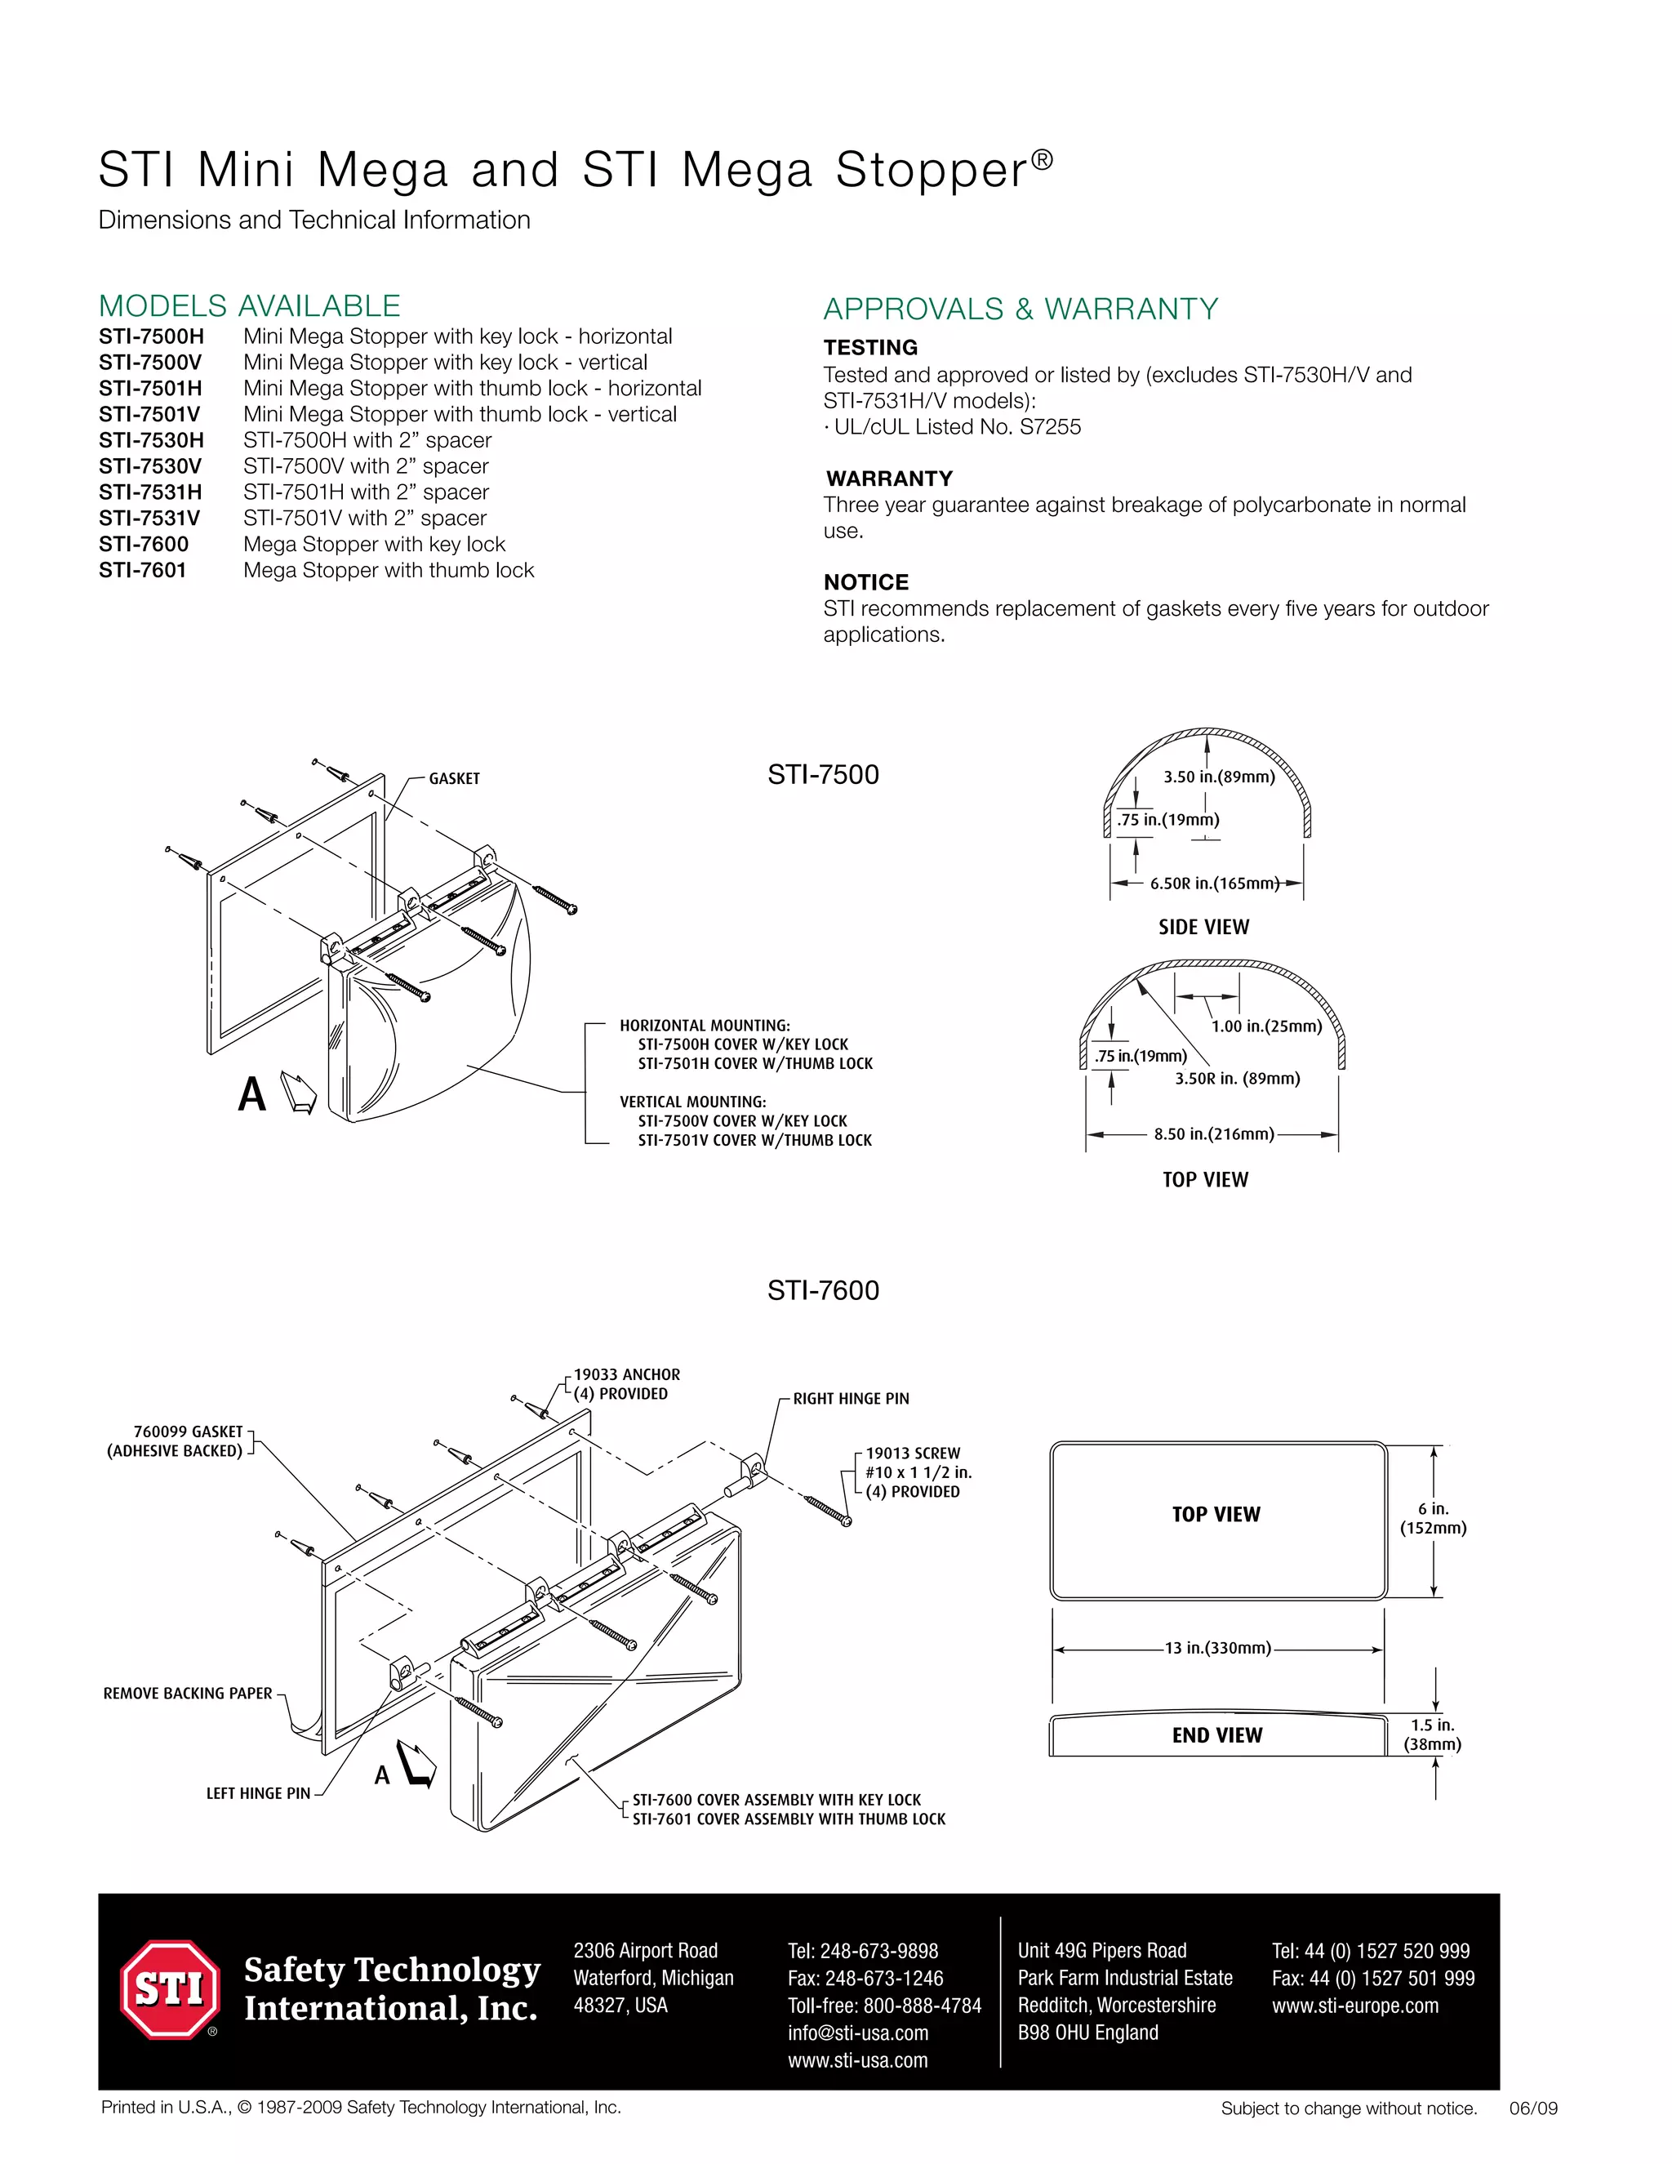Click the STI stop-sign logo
169,1988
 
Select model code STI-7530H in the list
150,440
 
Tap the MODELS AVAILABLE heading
250,305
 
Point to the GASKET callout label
454,779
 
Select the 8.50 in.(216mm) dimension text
1213,1133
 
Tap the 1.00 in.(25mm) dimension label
1266,1026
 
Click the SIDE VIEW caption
1203,928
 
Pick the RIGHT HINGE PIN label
850,1398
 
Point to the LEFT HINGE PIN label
257,1793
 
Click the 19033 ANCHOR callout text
626,1374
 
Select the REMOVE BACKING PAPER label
187,1694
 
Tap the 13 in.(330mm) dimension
1217,1648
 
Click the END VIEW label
1216,1735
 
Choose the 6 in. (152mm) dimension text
1432,1518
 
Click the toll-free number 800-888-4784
883,2006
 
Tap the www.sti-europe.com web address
1354,2006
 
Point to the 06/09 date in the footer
1532,2108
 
